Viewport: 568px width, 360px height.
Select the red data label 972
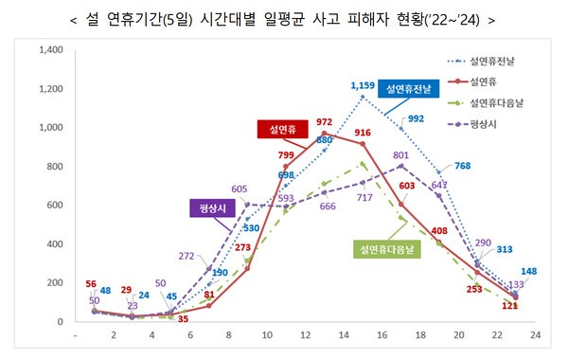(x=324, y=121)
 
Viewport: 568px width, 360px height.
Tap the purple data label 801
(x=401, y=154)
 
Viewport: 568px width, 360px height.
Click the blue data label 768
(x=463, y=167)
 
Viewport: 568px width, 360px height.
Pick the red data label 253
(x=450, y=289)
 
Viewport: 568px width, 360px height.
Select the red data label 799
(x=286, y=154)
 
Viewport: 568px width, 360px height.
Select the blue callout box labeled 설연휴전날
(x=406, y=89)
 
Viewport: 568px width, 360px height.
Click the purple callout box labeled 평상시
(x=213, y=208)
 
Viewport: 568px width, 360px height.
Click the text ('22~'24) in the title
(x=459, y=16)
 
